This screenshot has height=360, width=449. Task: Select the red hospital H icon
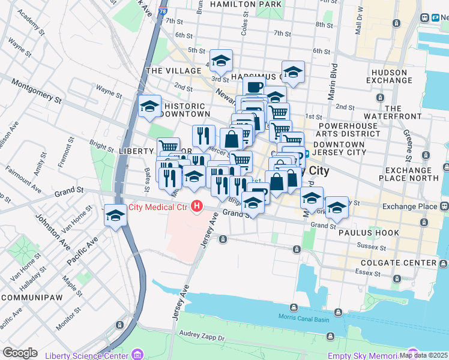pos(196,208)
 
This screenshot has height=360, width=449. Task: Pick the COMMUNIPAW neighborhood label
pos(29,297)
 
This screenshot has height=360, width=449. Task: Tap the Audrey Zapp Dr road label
pos(203,337)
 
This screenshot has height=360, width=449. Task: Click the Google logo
pos(20,353)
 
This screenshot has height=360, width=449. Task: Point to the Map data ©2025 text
pos(423,355)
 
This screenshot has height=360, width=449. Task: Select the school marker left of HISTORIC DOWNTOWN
pos(149,107)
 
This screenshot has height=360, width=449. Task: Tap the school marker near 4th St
pos(221,61)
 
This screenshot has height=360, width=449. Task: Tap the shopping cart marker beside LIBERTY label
pos(169,147)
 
